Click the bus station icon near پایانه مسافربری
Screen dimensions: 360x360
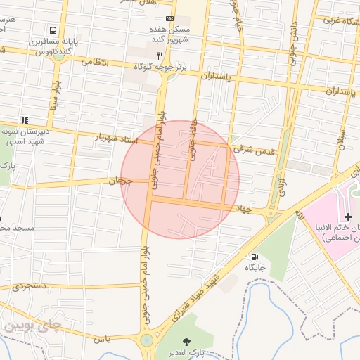(x=53, y=30)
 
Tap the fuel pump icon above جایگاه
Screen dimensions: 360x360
(x=254, y=256)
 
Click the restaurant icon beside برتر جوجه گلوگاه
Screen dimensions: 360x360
(x=160, y=55)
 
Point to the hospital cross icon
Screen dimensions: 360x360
(x=349, y=215)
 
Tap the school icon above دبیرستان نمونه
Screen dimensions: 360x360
(x=25, y=120)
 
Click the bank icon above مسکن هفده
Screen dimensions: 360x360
(x=169, y=18)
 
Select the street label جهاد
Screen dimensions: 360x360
(x=244, y=208)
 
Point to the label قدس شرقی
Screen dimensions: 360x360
(x=257, y=150)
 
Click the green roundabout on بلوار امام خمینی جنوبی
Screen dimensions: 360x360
(x=146, y=342)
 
